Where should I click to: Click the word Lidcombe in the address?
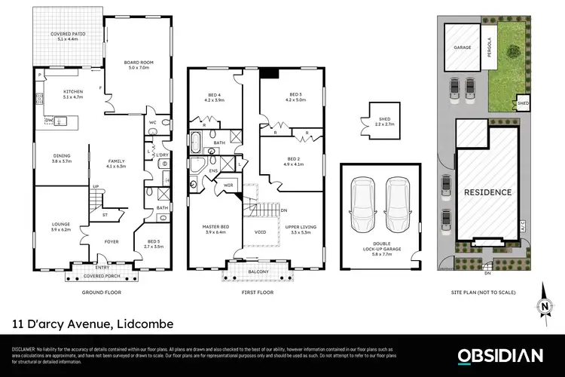[x=143, y=324]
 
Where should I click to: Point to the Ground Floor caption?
[x=100, y=292]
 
